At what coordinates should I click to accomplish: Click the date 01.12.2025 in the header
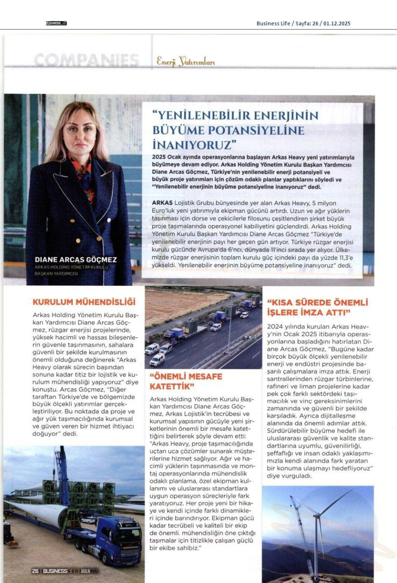click(336, 23)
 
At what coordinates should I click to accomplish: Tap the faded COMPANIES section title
click(86, 60)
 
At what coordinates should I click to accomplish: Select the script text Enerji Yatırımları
click(186, 62)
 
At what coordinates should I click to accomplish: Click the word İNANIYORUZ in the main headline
click(192, 145)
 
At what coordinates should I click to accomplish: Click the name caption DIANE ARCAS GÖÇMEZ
click(76, 260)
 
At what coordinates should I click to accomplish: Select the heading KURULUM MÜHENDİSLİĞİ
click(84, 302)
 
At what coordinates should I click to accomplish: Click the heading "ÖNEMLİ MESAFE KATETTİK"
click(186, 381)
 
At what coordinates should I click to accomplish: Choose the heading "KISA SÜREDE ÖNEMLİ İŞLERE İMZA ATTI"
click(317, 307)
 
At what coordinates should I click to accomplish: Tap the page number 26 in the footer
click(35, 571)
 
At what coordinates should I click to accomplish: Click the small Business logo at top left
click(56, 23)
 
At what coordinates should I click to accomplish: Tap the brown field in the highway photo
click(181, 304)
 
